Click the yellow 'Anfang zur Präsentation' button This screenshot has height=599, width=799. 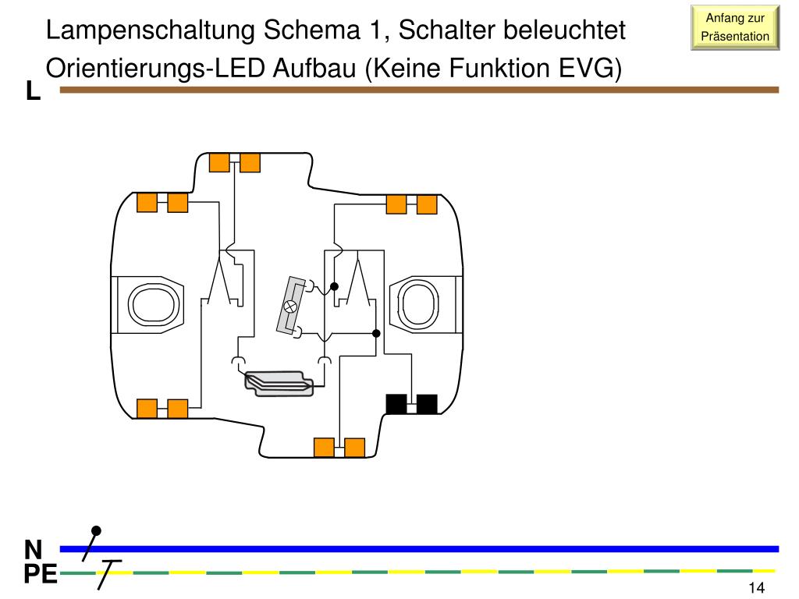coord(735,27)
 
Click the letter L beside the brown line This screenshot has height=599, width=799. coord(33,92)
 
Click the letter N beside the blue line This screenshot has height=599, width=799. coord(33,548)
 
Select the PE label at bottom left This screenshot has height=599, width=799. coord(40,576)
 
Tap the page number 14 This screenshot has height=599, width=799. coord(755,588)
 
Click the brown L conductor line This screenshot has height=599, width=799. coord(421,90)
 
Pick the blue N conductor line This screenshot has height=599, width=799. coord(437,548)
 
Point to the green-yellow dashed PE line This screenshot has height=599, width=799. coord(437,572)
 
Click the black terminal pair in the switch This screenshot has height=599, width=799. coord(411,404)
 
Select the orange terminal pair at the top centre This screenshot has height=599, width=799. coord(234,162)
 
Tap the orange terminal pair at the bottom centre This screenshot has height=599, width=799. coord(339,447)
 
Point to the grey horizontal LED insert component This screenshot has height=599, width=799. coord(279,382)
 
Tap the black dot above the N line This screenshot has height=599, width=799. coord(96,530)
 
